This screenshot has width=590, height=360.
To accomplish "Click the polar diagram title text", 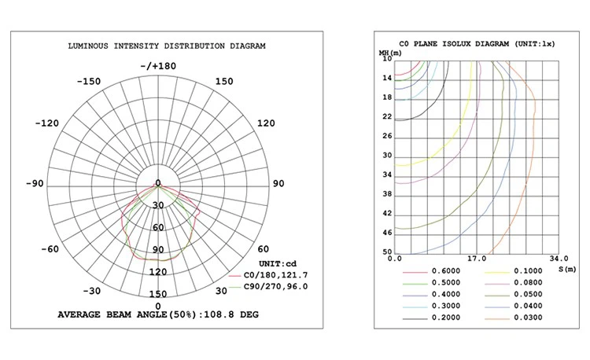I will point(165,47).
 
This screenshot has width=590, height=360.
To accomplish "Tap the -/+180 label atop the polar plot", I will point(158,66).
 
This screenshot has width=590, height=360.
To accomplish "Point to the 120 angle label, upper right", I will point(267,123).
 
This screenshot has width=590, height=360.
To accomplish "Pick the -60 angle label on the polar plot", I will point(50,249).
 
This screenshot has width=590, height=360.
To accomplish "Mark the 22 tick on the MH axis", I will point(386,117).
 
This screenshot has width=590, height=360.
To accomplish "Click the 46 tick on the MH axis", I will point(386,233).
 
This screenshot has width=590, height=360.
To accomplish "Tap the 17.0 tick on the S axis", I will point(475,259).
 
